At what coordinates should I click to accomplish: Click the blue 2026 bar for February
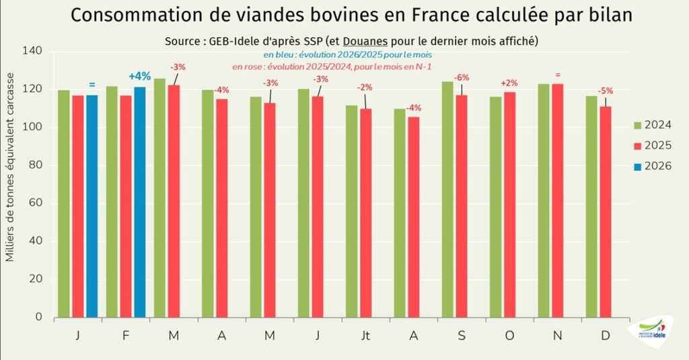(x=139, y=202)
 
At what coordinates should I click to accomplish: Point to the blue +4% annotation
(x=139, y=76)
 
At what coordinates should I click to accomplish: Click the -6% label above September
(x=462, y=77)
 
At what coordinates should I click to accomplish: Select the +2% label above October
(x=509, y=83)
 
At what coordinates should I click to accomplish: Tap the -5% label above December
(x=606, y=91)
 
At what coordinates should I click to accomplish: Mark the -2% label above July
(x=365, y=87)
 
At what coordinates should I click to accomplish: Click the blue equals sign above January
(x=92, y=85)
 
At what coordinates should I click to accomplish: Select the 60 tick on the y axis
(x=35, y=203)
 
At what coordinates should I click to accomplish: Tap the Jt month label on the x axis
(x=365, y=334)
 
